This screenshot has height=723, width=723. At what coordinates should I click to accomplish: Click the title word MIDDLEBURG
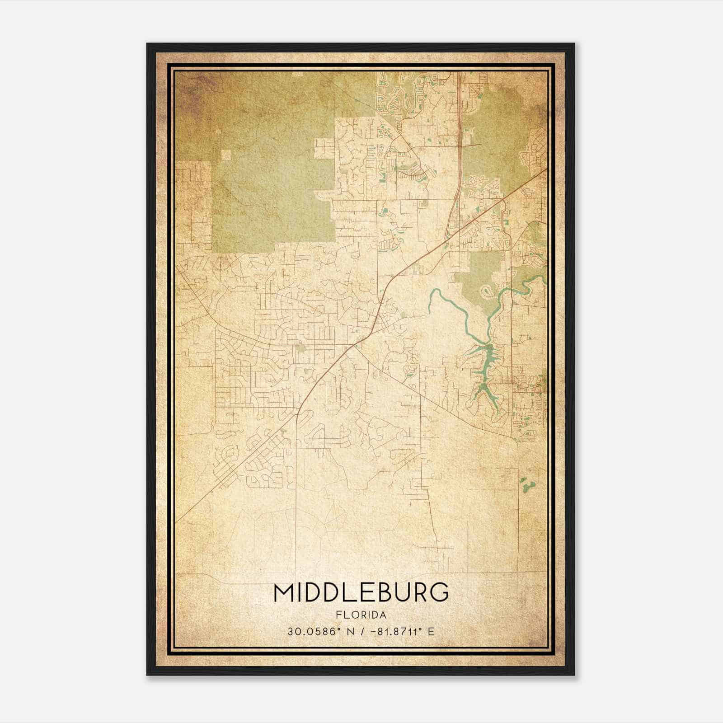pos(361,592)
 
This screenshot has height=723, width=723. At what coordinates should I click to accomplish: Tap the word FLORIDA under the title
pos(361,615)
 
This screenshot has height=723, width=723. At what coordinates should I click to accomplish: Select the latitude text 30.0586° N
pos(315,631)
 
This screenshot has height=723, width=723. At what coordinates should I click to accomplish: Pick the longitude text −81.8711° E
pos(402,631)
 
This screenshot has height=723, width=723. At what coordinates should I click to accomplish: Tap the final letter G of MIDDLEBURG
pos(440,592)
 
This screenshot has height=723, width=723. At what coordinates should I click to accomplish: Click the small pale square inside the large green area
pos(226,155)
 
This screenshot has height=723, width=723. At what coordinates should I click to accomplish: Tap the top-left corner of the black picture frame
pos(147,44)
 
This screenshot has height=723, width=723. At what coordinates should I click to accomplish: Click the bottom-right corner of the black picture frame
pos(574,675)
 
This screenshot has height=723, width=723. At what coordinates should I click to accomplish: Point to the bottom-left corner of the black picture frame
pos(147,675)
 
